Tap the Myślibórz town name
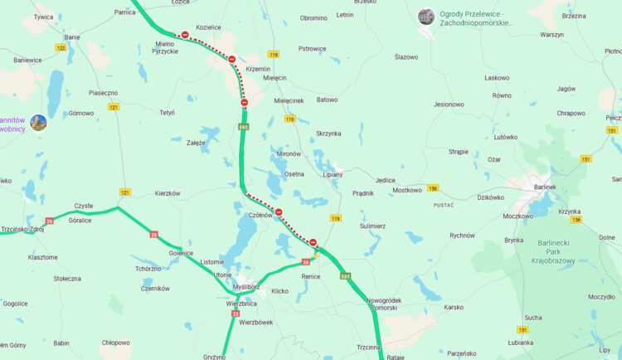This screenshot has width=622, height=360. [x=246, y=287]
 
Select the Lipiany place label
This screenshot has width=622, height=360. [x=333, y=175]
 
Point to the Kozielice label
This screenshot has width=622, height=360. [x=208, y=27]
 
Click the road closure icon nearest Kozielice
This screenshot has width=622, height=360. [x=185, y=35]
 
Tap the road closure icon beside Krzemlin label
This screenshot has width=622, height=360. [x=231, y=59]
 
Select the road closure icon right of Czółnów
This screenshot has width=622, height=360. [x=279, y=212]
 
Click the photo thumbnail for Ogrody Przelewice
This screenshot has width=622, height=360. [x=425, y=17]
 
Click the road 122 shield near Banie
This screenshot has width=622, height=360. [x=61, y=48]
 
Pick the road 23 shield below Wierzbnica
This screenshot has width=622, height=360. [x=236, y=314]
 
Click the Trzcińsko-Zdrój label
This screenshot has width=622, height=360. [x=22, y=229]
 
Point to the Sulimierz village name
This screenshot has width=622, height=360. [x=372, y=226]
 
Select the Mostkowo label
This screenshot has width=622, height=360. [x=407, y=190]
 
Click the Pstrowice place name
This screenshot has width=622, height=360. [x=312, y=49]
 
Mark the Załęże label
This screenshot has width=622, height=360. [x=196, y=143]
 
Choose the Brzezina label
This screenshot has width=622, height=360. [x=573, y=16]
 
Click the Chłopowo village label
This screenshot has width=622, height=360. [x=115, y=343]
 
